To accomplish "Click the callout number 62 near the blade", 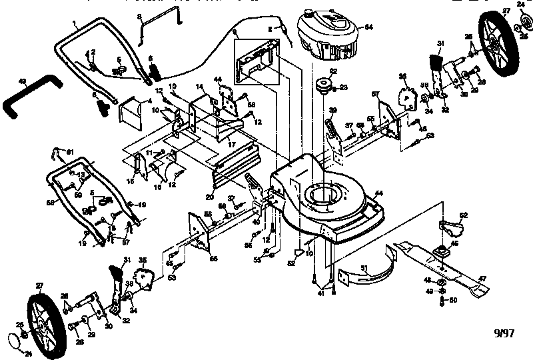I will [464, 215].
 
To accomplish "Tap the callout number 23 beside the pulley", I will [344, 87].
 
